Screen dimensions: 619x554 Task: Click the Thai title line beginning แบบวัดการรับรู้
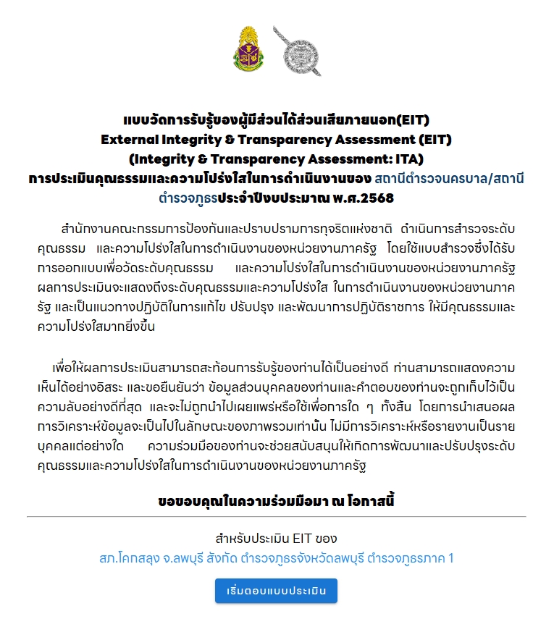pyautogui.click(x=277, y=119)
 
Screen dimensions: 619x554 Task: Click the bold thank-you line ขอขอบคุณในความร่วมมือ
pyautogui.click(x=276, y=500)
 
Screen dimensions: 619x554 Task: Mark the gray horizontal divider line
pyautogui.click(x=276, y=517)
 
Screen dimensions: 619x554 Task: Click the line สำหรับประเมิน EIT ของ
pyautogui.click(x=276, y=539)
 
